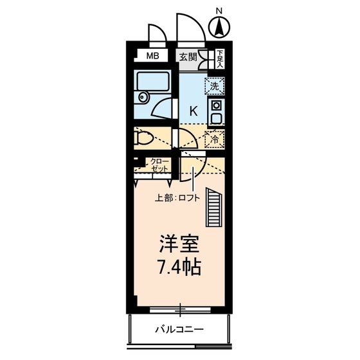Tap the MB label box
point(152,56)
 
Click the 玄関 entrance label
point(188,56)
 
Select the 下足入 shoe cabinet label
point(219,59)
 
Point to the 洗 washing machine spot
point(213,85)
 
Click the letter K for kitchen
point(192,111)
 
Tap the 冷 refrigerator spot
point(213,137)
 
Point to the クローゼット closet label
point(159,164)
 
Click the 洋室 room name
point(179,245)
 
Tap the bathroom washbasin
point(142,98)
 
